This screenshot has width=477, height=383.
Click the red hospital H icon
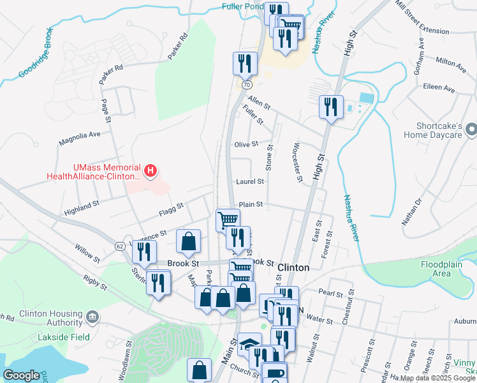[x=150, y=170]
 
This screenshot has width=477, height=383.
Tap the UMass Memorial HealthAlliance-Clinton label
[x=93, y=171]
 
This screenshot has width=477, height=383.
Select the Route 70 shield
[x=246, y=84]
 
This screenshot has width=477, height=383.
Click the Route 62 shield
[x=119, y=246]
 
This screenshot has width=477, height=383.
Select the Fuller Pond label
[x=242, y=6]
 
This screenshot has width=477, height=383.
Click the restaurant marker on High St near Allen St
[x=331, y=106]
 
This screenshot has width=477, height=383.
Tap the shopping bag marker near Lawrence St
[x=188, y=241]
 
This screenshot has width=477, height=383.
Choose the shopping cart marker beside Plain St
[x=228, y=220]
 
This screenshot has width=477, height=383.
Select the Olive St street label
[x=246, y=145]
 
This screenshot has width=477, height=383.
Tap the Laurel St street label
[x=250, y=182]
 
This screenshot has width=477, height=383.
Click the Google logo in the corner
[x=21, y=375]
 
